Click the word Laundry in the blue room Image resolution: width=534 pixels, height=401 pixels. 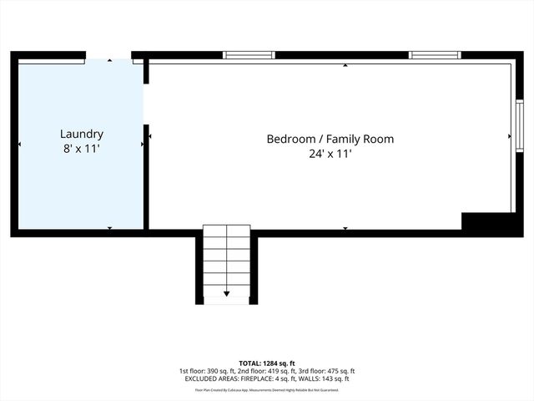coord(82,134)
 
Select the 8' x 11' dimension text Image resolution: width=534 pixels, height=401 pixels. coord(82,149)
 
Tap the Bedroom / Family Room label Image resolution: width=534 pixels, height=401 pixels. coord(330,140)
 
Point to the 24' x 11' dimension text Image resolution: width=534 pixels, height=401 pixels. coord(330,154)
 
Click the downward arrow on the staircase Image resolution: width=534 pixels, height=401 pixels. coord(226,293)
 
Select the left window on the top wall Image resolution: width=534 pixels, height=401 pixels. coord(249,56)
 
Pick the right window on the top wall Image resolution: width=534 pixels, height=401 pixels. coord(434,56)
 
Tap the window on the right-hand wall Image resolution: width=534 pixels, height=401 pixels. coord(518,123)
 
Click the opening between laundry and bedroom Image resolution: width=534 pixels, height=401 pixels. coord(146,104)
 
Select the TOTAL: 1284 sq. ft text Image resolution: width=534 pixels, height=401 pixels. coord(267,363)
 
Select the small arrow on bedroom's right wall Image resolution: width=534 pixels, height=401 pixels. coord(510,136)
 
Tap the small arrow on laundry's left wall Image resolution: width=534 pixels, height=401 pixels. coord(21,145)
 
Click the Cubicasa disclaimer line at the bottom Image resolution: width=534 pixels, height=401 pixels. coord(267,389)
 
